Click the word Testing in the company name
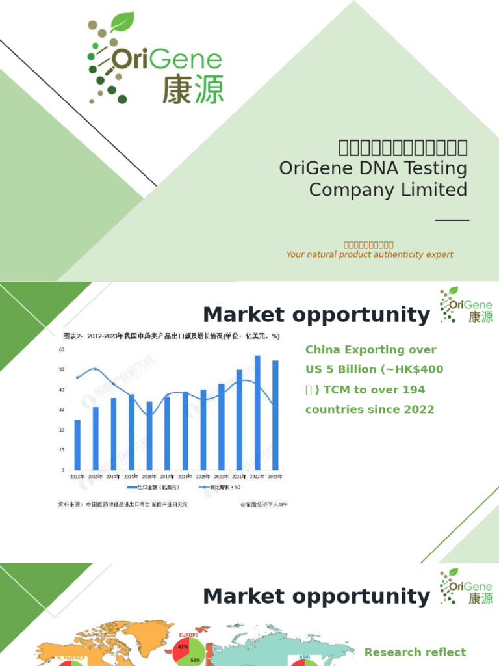435,168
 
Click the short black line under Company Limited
452,220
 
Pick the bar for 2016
149,436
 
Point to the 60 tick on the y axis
62,349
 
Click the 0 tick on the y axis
63,470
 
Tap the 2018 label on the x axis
186,477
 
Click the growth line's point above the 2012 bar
78,377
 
